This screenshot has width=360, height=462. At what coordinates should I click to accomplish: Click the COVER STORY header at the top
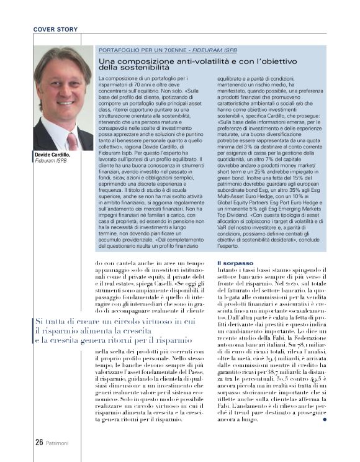pos(56,29)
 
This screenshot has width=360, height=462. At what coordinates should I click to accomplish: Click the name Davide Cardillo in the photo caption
pos(52,155)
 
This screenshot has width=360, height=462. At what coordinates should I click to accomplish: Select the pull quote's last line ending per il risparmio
pos(112,340)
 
